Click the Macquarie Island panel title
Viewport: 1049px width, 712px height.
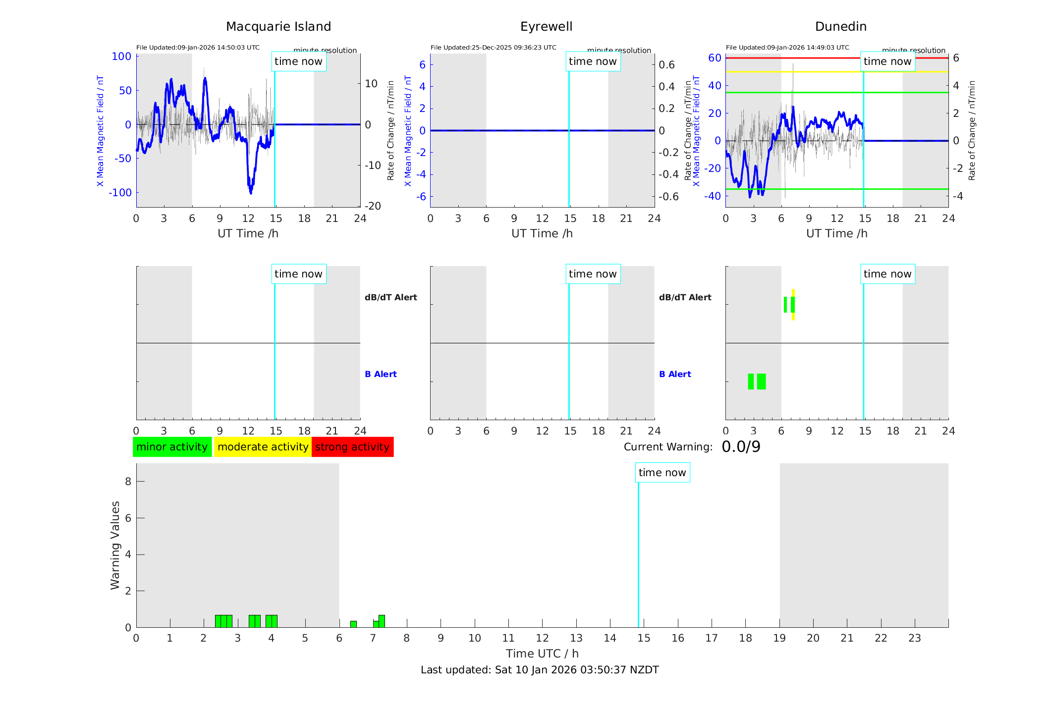click(278, 27)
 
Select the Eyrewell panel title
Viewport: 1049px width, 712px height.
click(546, 27)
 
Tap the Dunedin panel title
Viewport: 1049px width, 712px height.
click(840, 27)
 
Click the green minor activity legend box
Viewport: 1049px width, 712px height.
click(172, 447)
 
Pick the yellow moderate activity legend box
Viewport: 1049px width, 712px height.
click(263, 447)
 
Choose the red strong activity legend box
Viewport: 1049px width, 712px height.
click(352, 447)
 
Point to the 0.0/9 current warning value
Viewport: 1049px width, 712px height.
click(741, 447)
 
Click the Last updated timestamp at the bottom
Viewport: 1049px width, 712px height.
click(540, 670)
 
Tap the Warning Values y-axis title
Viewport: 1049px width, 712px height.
click(115, 545)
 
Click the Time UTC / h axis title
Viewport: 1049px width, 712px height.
click(542, 654)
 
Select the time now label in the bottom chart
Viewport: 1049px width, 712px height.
click(662, 473)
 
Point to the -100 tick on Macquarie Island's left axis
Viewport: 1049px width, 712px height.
click(120, 193)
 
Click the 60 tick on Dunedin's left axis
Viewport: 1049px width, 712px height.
click(715, 58)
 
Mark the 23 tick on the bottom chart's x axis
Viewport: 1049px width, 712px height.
click(914, 638)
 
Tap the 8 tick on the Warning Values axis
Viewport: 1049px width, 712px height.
click(128, 482)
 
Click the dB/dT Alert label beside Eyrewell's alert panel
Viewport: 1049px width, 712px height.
click(685, 297)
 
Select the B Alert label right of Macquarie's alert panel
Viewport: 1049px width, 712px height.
click(381, 374)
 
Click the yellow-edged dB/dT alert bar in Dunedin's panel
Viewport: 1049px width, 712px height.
click(793, 305)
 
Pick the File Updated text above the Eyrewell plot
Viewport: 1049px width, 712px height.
click(493, 48)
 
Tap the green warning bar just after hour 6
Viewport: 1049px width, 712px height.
click(353, 624)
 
